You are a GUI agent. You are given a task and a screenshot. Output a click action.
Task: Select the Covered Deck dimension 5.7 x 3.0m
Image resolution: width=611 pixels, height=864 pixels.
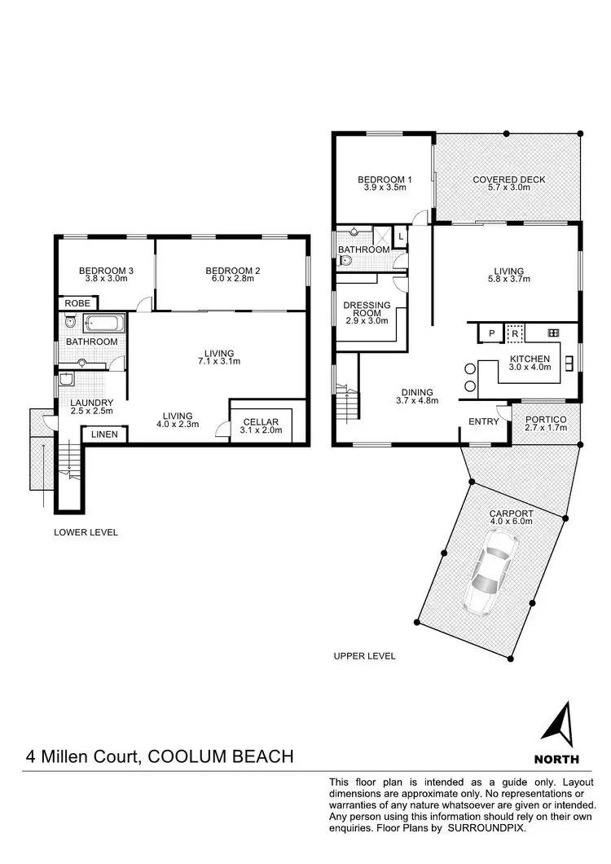[508, 187]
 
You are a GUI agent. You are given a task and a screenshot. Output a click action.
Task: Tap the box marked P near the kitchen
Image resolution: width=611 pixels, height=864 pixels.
[491, 333]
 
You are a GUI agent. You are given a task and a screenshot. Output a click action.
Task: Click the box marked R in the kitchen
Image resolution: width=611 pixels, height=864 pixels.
[515, 333]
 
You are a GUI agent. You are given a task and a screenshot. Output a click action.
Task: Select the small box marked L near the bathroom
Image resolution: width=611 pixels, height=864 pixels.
[401, 236]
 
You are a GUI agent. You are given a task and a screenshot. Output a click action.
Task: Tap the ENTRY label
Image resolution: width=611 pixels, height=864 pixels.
[483, 421]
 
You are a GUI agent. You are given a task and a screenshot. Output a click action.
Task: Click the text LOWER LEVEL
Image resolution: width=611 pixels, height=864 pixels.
[86, 532]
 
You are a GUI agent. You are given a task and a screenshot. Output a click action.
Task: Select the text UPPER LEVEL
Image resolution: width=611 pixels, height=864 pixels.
[364, 656]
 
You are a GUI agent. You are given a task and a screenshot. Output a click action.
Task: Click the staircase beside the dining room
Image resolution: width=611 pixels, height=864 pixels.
[347, 402]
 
